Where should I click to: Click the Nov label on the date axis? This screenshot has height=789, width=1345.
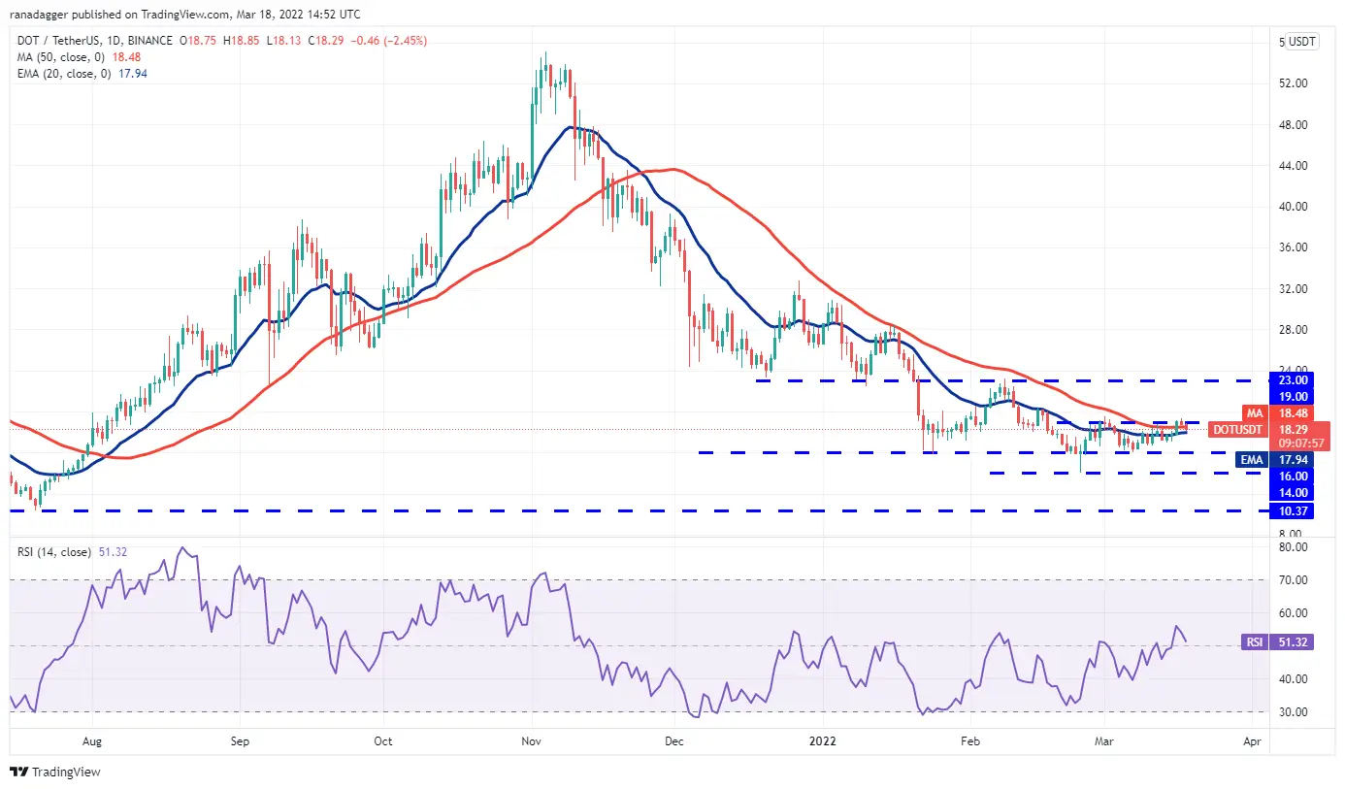pos(530,741)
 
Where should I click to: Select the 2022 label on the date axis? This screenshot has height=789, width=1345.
pos(822,741)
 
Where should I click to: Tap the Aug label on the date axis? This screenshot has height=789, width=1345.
pos(91,741)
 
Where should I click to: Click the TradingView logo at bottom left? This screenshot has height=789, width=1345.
pos(55,773)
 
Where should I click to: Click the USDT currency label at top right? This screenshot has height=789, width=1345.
pos(1297,42)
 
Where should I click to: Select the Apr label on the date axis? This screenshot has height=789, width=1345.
pos(1252,741)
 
